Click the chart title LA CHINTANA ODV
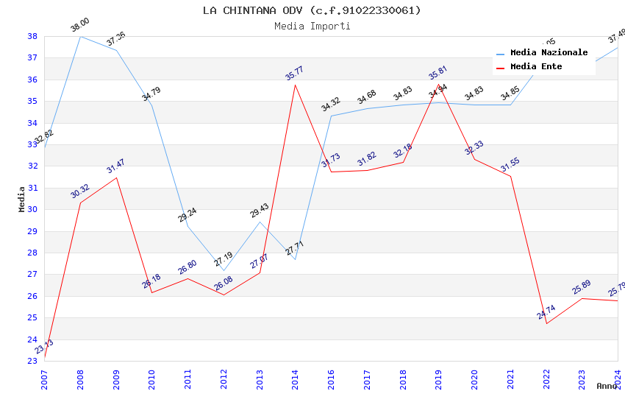click(312, 10)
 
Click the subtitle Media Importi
click(312, 26)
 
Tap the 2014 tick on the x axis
click(295, 376)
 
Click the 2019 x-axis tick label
click(438, 376)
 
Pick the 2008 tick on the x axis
click(79, 376)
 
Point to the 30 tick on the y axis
click(32, 209)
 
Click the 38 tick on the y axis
click(32, 36)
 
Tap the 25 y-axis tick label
click(32, 317)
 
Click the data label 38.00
click(80, 27)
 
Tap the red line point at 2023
click(582, 298)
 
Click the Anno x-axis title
click(607, 386)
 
